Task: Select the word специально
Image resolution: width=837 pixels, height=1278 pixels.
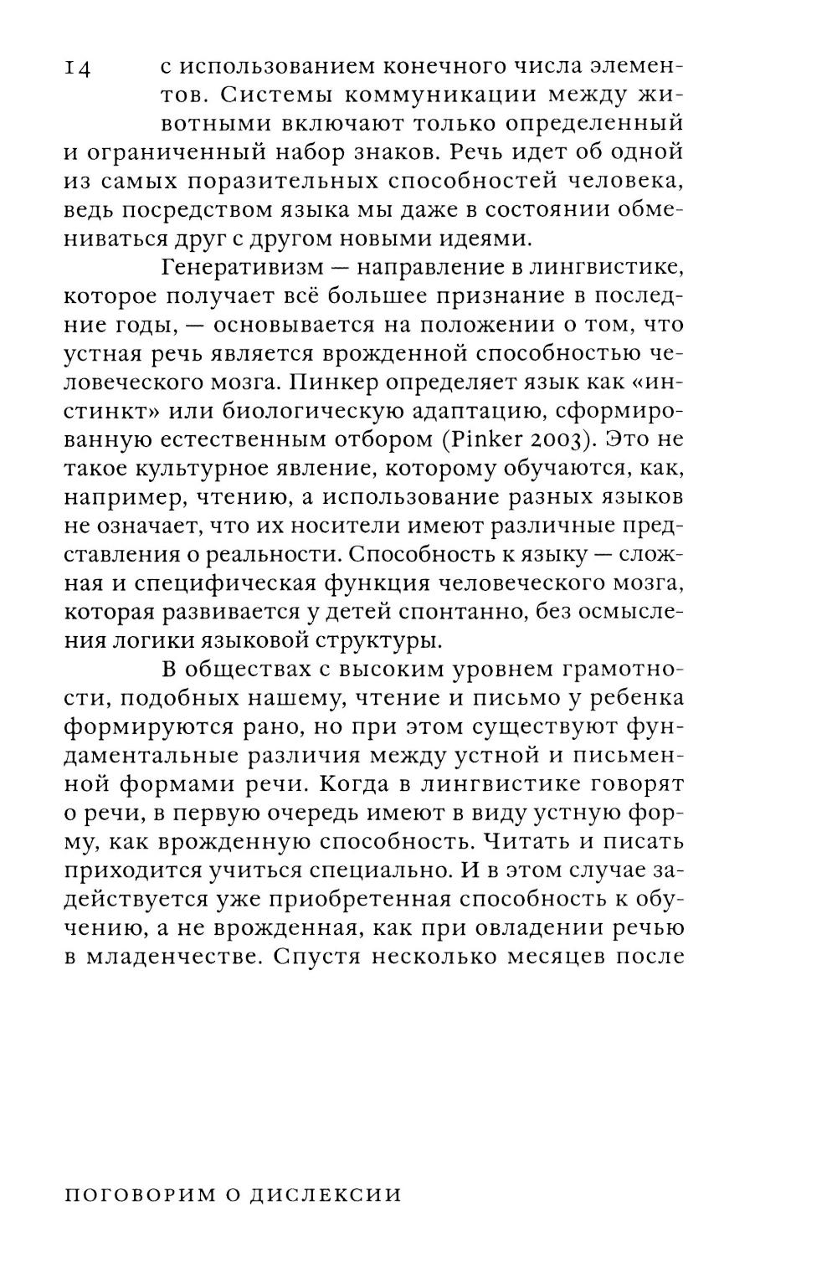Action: click(380, 870)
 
